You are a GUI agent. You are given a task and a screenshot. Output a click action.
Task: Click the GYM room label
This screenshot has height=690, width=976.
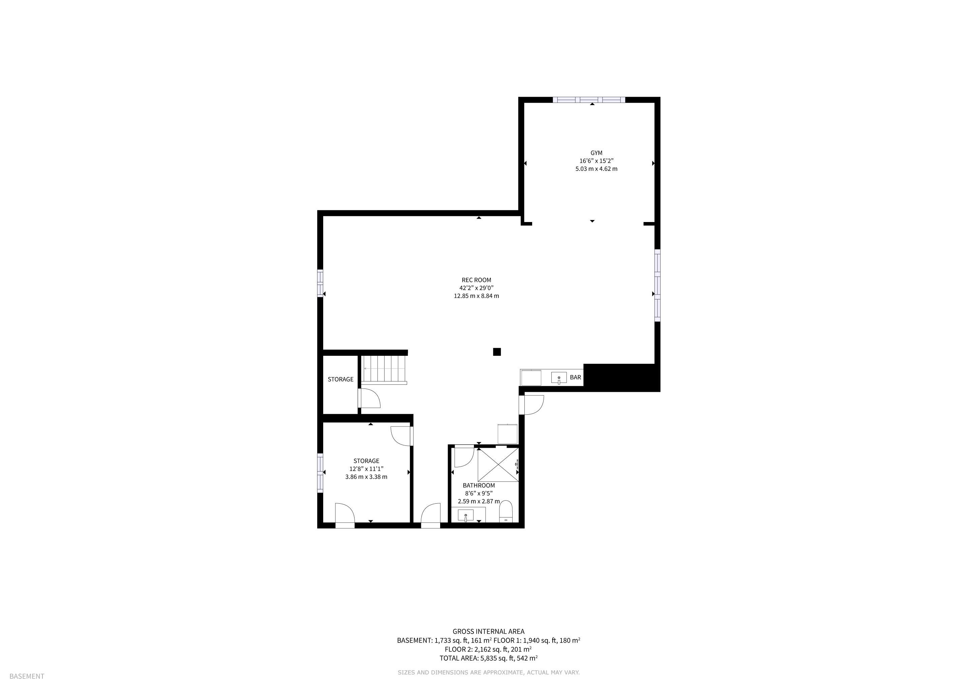click(596, 153)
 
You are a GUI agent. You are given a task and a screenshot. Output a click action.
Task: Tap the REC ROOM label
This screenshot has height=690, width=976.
click(477, 280)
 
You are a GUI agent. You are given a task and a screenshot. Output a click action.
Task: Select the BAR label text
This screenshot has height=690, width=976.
click(575, 377)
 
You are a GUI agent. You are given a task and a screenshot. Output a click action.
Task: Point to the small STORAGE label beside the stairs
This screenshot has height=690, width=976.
click(340, 379)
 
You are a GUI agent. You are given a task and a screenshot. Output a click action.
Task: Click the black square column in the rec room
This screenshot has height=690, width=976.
click(497, 352)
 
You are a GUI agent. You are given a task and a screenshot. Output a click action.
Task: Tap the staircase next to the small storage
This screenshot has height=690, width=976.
click(384, 370)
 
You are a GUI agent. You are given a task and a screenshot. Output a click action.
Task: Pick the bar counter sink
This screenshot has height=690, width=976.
click(559, 377)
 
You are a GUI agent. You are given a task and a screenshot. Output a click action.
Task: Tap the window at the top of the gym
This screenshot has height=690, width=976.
click(589, 100)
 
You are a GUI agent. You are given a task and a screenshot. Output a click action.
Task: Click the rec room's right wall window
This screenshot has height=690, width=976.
click(657, 285)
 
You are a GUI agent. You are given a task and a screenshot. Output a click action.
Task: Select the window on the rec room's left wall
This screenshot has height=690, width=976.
click(320, 283)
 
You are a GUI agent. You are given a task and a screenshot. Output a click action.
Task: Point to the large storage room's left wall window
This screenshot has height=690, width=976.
click(320, 473)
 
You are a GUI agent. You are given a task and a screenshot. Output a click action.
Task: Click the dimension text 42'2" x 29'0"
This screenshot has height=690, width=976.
click(477, 288)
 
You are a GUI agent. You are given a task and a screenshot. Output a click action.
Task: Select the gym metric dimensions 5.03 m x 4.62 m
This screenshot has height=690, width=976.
click(597, 169)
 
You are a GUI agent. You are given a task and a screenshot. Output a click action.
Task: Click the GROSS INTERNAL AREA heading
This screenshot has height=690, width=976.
click(488, 632)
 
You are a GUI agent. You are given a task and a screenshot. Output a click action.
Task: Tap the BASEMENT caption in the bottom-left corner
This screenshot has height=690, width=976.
click(27, 677)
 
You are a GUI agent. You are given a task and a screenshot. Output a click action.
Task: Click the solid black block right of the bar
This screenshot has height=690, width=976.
click(621, 378)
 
